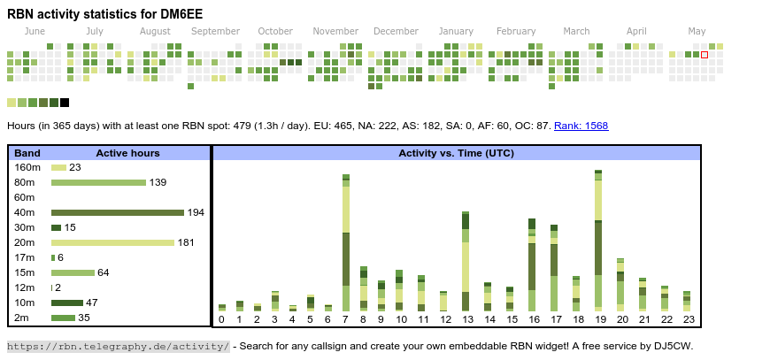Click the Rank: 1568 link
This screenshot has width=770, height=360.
581,126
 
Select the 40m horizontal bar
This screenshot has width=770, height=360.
117,212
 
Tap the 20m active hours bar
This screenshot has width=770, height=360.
112,242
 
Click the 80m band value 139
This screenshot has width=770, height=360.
158,182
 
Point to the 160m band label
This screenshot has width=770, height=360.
27,167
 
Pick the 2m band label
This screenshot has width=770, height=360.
22,318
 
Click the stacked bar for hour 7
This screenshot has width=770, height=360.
346,243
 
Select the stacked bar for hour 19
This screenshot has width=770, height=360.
598,240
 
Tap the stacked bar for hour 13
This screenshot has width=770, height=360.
466,261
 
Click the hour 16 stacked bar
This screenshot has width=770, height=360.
532,264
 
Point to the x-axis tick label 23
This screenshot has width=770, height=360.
687,319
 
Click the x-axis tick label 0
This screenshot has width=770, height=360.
221,319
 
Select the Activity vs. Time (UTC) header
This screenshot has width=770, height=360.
456,153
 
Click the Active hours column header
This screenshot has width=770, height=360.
127,153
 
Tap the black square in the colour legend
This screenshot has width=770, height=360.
65,103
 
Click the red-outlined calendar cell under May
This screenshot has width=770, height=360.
705,55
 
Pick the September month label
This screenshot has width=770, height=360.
215,31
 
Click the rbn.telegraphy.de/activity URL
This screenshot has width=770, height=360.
119,346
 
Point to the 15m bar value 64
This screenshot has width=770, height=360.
104,272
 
